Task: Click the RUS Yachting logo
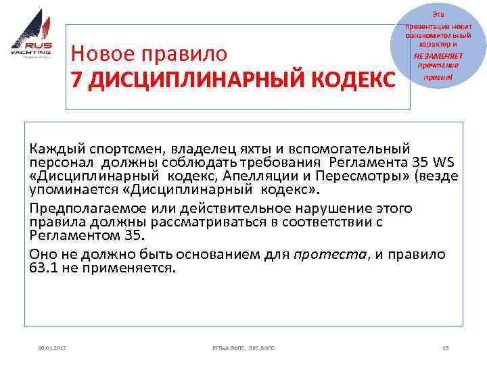(31, 34)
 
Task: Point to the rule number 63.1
(46, 268)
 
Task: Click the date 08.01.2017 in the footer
(53, 348)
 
